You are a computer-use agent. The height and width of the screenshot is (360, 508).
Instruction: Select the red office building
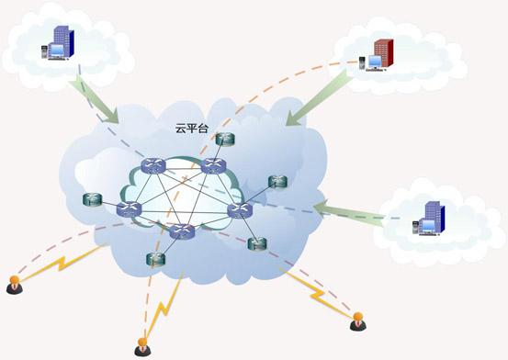[382, 52]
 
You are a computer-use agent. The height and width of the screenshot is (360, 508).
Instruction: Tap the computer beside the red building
[364, 62]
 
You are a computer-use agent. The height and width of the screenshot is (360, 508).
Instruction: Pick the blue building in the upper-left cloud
[61, 41]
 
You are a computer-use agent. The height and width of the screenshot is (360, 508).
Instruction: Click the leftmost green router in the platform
[92, 197]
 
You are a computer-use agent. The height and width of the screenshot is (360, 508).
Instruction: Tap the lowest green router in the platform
[152, 259]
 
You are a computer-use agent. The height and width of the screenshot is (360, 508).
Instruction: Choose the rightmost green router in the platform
[276, 182]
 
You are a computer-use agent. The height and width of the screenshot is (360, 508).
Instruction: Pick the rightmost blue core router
[240, 209]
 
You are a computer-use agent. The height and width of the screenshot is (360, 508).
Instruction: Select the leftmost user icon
[14, 286]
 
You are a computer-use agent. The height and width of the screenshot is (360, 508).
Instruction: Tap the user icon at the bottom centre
[142, 346]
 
